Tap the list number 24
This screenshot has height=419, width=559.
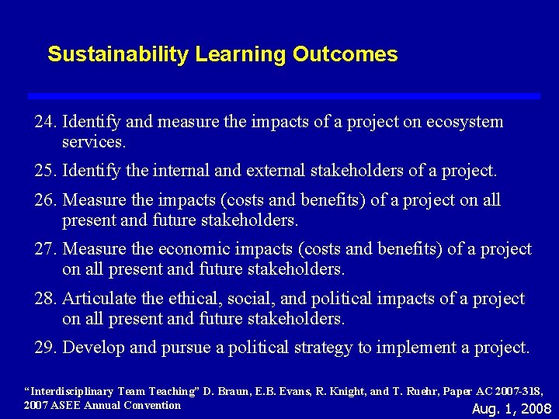tap(46, 122)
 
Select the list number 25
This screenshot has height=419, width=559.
tap(46, 170)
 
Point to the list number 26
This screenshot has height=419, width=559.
tap(46, 200)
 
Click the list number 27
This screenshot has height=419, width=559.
tap(46, 249)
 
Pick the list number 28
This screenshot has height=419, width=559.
tap(46, 299)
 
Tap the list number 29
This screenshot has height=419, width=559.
tap(46, 348)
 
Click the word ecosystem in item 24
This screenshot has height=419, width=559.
tap(465, 122)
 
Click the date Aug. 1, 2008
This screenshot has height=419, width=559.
tap(512, 409)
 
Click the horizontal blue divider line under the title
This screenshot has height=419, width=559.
tap(283, 95)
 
